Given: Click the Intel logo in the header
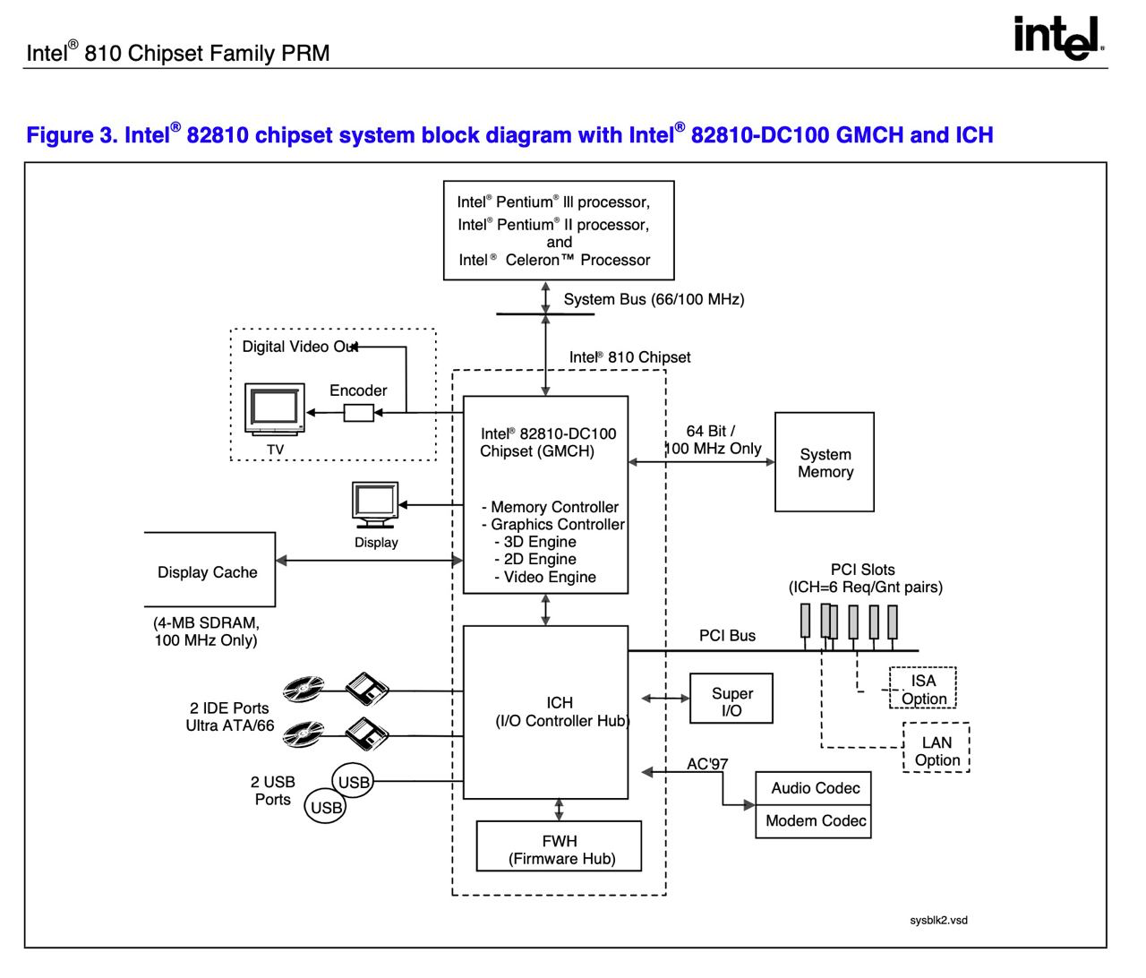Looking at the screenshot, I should coord(1059,39).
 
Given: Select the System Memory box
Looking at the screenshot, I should coord(824,462).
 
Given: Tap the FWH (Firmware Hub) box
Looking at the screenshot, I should coord(559,846).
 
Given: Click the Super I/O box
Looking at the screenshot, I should coord(731,699).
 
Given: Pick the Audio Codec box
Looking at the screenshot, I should coord(813,788).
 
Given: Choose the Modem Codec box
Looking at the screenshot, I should coord(813,821).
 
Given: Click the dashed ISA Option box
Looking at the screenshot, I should coord(922,688).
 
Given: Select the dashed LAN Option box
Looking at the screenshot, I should coord(936,749).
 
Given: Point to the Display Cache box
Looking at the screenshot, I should coord(209,570).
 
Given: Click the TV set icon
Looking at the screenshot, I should coord(274,408).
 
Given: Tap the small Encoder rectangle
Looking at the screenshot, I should coord(359,413).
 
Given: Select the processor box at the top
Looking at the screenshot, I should coord(559,231).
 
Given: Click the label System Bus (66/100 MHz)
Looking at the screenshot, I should coord(654,299).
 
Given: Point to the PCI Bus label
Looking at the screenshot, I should coord(727,636).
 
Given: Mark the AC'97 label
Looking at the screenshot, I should coord(707,764).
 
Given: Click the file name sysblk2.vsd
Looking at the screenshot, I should coord(938,920).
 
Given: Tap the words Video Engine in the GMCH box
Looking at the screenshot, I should coord(550,578).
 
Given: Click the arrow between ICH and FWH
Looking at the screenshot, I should coord(560,810).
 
